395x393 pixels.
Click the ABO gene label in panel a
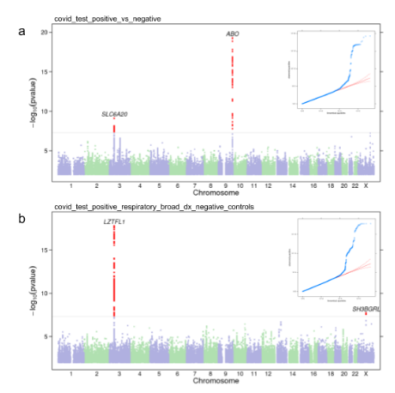tap(233, 34)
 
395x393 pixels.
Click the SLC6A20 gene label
tap(114, 114)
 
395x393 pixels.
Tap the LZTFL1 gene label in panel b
tap(115, 222)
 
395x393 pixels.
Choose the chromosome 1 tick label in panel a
tap(71, 184)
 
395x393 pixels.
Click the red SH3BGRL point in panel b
tap(367, 314)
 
